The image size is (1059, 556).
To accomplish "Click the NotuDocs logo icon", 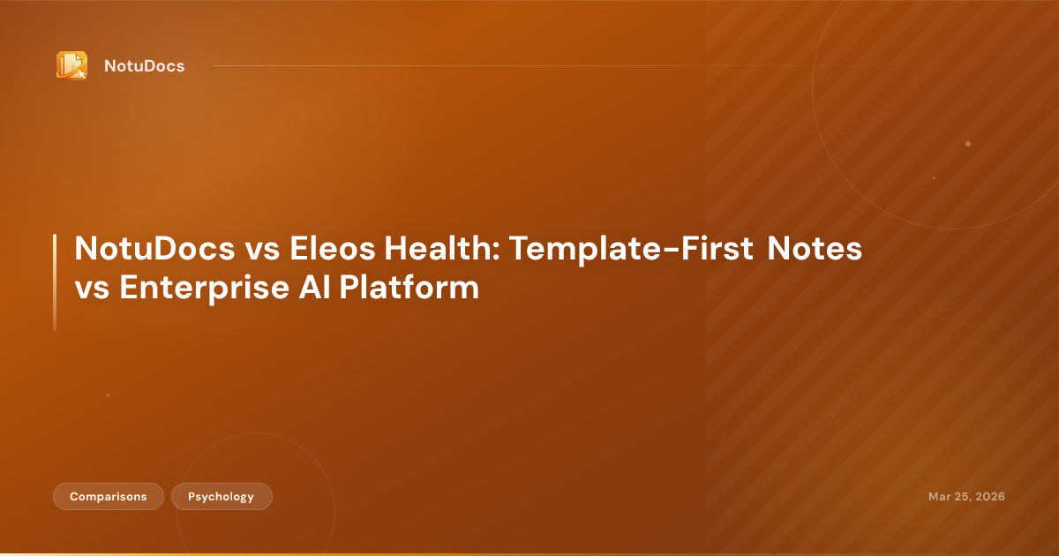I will coord(71,65).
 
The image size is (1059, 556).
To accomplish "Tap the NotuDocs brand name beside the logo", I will coord(144,66).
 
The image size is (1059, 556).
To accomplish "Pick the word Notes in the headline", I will coord(814,250).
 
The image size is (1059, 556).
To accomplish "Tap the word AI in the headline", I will coord(305,289).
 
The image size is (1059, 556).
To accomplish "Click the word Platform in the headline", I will coord(404,289).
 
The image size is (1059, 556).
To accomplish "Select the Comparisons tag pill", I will coord(109,497).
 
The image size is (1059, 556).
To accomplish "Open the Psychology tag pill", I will coord(222,497).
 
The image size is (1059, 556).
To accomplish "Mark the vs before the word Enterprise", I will coord(91,289).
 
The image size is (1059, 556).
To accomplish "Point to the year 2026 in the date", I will coord(988,497).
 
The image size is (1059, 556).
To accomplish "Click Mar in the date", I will coord(939,497).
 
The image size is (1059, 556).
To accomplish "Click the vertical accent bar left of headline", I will coord(55,282).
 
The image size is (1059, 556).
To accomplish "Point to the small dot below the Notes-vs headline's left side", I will coord(108,395).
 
